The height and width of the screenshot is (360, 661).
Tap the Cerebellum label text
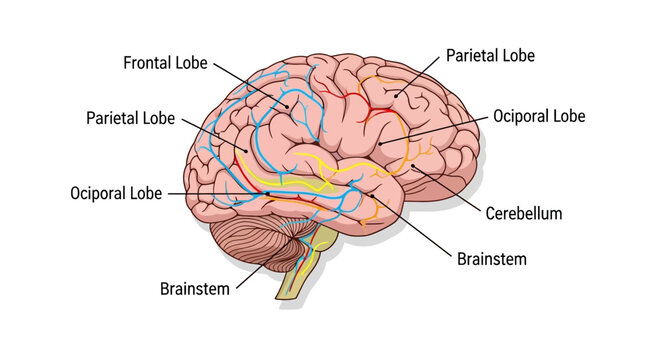pos(524,213)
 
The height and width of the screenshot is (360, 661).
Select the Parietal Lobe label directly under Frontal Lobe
pos(130,118)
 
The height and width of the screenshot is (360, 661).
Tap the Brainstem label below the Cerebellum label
pos(491,258)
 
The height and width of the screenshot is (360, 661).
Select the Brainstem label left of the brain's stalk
pos(195,288)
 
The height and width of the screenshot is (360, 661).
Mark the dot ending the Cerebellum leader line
pos(412,167)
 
